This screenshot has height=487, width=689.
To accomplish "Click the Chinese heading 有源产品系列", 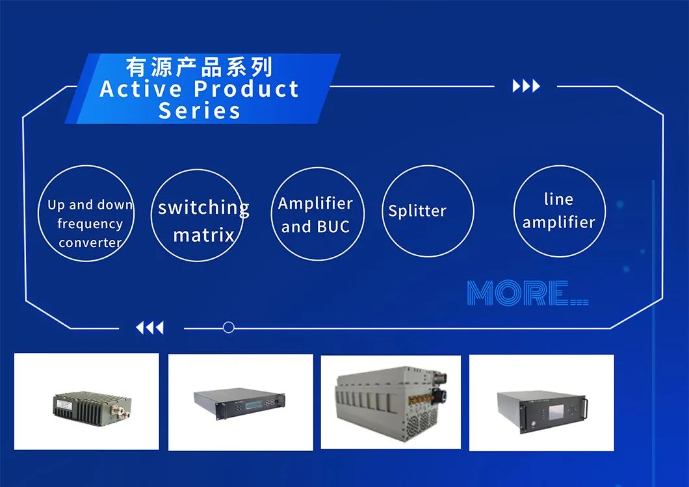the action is coord(199,67).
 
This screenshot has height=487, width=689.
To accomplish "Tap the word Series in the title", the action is coord(200,111).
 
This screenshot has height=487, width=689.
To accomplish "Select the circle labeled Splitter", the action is coord(428,166).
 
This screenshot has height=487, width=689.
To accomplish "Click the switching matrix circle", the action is coord(198,169).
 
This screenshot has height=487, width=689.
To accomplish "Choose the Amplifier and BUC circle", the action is coord(318,168).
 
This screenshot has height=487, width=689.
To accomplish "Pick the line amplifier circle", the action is coord(560,166).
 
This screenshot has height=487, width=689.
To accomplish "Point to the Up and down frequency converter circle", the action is coord(86,166).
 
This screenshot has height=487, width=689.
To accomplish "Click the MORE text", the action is coord(527,293).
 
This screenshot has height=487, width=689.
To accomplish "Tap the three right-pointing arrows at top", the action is coord(526,86).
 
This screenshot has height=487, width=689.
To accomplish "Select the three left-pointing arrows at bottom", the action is coord(150,328).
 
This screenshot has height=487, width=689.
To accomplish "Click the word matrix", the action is coord(204,235).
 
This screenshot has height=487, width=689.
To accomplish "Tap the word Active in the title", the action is coord(140,89).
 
